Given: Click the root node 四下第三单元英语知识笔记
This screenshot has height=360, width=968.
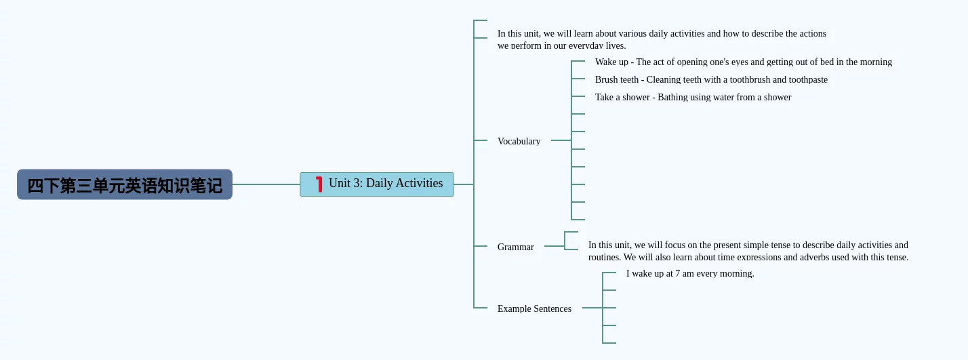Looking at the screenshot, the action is coord(125,185).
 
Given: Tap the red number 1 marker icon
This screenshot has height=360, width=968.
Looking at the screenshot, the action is coord(319,184).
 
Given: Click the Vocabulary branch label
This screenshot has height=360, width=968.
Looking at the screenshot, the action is coord(519,141).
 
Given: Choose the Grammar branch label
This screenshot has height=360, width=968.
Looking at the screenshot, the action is coord(515,247).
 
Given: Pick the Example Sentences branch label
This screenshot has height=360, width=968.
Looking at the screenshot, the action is coord(534,308).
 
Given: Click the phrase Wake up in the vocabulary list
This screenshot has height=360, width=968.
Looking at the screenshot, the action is coord(611,62).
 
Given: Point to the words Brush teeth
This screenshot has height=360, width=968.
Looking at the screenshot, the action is coord(616,79).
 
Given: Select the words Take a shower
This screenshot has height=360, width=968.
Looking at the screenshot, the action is coord(622,97).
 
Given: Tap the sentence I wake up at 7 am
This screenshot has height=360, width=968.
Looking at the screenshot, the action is coord(689,273).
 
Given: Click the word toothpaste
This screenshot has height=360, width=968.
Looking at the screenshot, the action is coord(808,79).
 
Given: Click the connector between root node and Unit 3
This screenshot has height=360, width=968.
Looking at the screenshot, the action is coord(266,184).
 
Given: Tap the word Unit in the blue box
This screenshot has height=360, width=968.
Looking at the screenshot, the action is coord(340,183).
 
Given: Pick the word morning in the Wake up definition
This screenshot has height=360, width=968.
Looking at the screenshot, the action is coord(874,62).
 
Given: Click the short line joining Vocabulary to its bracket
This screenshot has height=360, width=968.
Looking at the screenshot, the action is coord(561,140).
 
